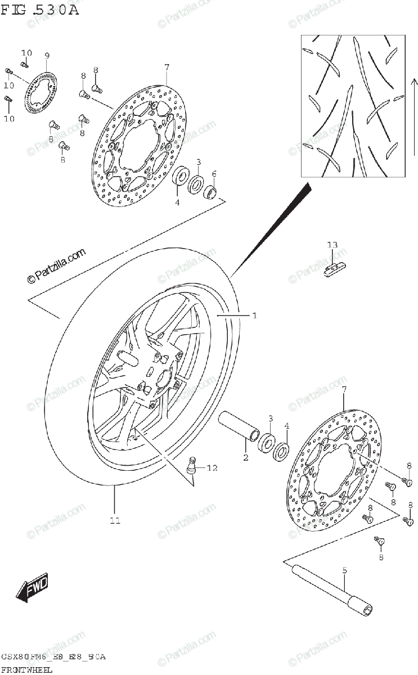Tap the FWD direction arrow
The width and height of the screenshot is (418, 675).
point(33,588)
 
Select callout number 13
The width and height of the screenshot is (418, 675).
point(332,245)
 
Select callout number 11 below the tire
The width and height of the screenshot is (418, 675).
point(115,521)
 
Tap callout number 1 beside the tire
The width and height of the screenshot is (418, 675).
point(254,316)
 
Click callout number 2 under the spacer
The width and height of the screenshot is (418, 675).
point(245,458)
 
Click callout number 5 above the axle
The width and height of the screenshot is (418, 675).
point(344,570)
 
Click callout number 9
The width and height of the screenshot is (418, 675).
point(47,55)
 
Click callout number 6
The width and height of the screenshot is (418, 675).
point(214,173)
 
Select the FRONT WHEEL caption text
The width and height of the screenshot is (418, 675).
point(26,669)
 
